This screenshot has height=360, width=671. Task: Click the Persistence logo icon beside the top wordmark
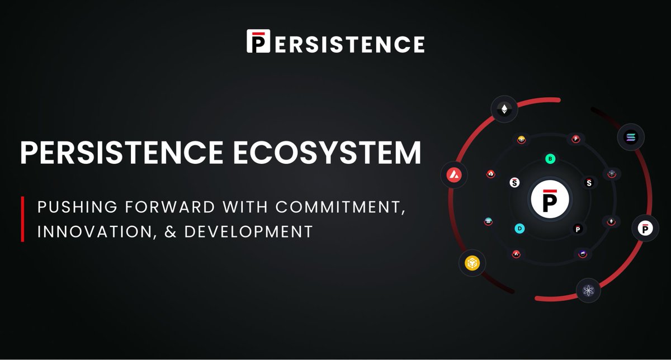(258, 41)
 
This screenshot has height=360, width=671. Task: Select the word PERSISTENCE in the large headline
(122, 153)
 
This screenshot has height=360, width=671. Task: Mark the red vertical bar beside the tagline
(22, 219)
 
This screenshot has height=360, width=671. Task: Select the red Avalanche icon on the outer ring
(453, 176)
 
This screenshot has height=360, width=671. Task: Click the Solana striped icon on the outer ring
(631, 137)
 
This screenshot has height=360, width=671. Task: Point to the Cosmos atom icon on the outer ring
(588, 290)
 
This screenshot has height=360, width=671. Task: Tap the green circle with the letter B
(550, 159)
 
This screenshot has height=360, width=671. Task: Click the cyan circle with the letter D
(520, 228)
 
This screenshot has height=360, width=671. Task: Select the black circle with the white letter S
(588, 182)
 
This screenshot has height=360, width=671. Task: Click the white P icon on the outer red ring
(645, 228)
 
